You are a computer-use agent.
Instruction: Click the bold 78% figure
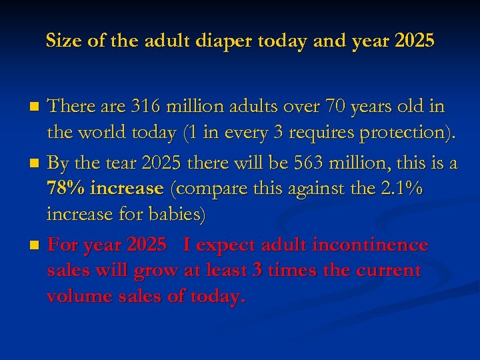click(66, 189)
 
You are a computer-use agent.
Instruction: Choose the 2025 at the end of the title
click(414, 41)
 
